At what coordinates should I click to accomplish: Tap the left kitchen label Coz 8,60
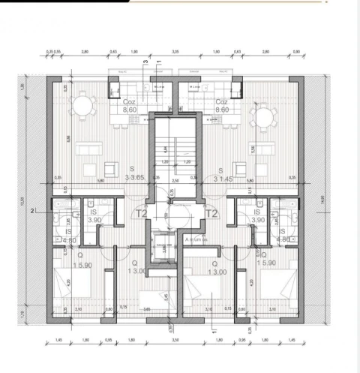pos(129,105)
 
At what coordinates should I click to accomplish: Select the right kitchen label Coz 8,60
pos(221,105)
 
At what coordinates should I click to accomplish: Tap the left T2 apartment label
pos(141,213)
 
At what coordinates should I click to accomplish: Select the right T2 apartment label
pos(211,213)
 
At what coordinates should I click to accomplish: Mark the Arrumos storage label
pos(197,240)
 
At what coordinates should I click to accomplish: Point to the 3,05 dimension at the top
pos(175,53)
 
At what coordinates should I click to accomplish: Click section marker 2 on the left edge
pos(32,212)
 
